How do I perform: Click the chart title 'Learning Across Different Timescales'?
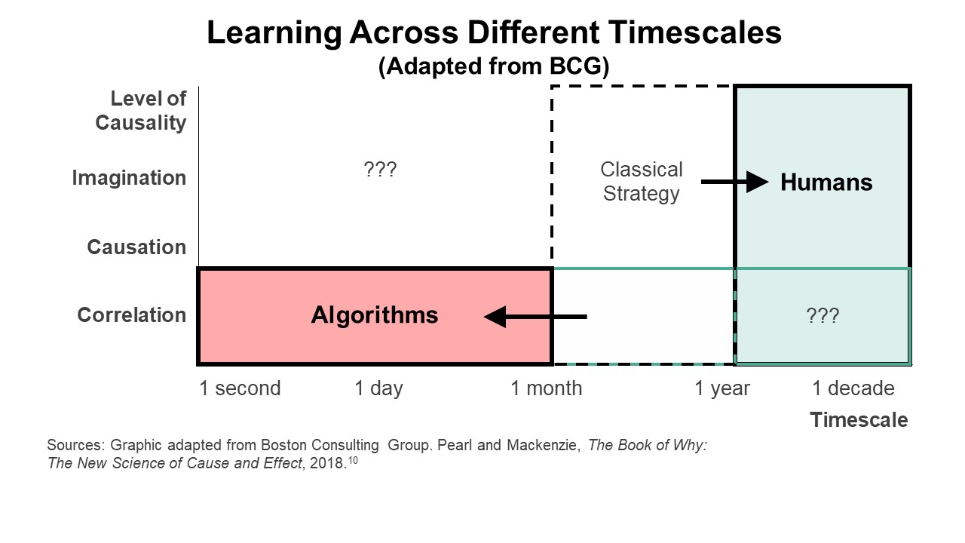494,32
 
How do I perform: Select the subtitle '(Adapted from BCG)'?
494,66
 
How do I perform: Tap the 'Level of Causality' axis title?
141,111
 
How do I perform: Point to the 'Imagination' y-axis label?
129,178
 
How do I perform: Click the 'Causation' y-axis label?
136,247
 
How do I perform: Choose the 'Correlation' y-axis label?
132,315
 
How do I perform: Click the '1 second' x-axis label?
240,388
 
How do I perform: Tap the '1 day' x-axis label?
378,388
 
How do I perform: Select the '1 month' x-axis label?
547,388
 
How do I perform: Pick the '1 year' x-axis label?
722,388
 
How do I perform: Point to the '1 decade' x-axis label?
853,388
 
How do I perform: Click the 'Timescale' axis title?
859,420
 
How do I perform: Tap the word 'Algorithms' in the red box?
375,315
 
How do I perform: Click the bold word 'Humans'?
826,183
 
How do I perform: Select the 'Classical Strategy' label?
642,182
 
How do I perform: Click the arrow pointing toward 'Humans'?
734,182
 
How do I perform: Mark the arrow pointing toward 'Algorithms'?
535,317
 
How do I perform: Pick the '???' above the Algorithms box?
380,170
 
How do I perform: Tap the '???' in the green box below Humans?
823,315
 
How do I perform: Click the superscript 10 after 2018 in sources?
353,460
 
